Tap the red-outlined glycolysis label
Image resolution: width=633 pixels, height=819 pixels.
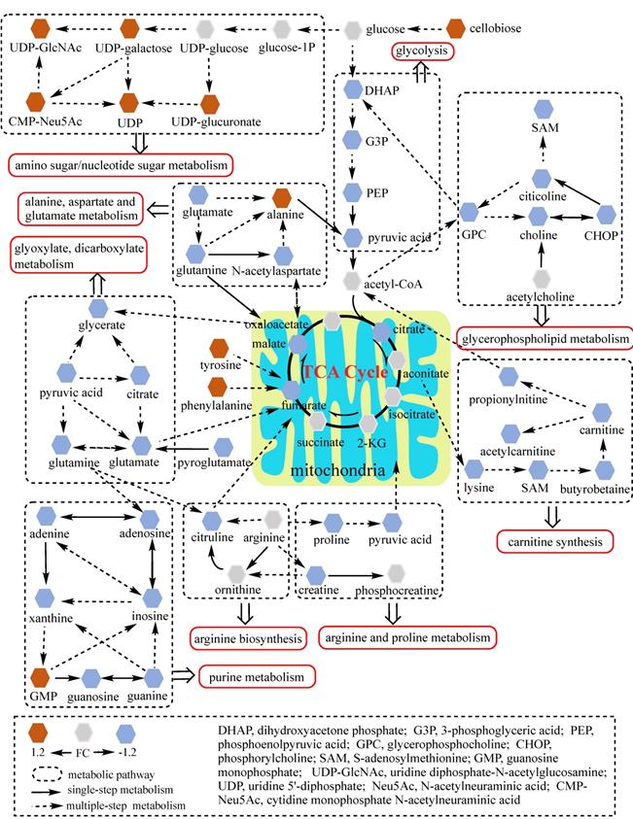pyautogui.click(x=423, y=51)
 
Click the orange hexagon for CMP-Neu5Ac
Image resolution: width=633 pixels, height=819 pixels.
pyautogui.click(x=36, y=100)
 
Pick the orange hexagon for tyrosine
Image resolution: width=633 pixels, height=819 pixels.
pyautogui.click(x=220, y=347)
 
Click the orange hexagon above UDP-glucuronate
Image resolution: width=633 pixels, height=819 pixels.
pyautogui.click(x=210, y=102)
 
